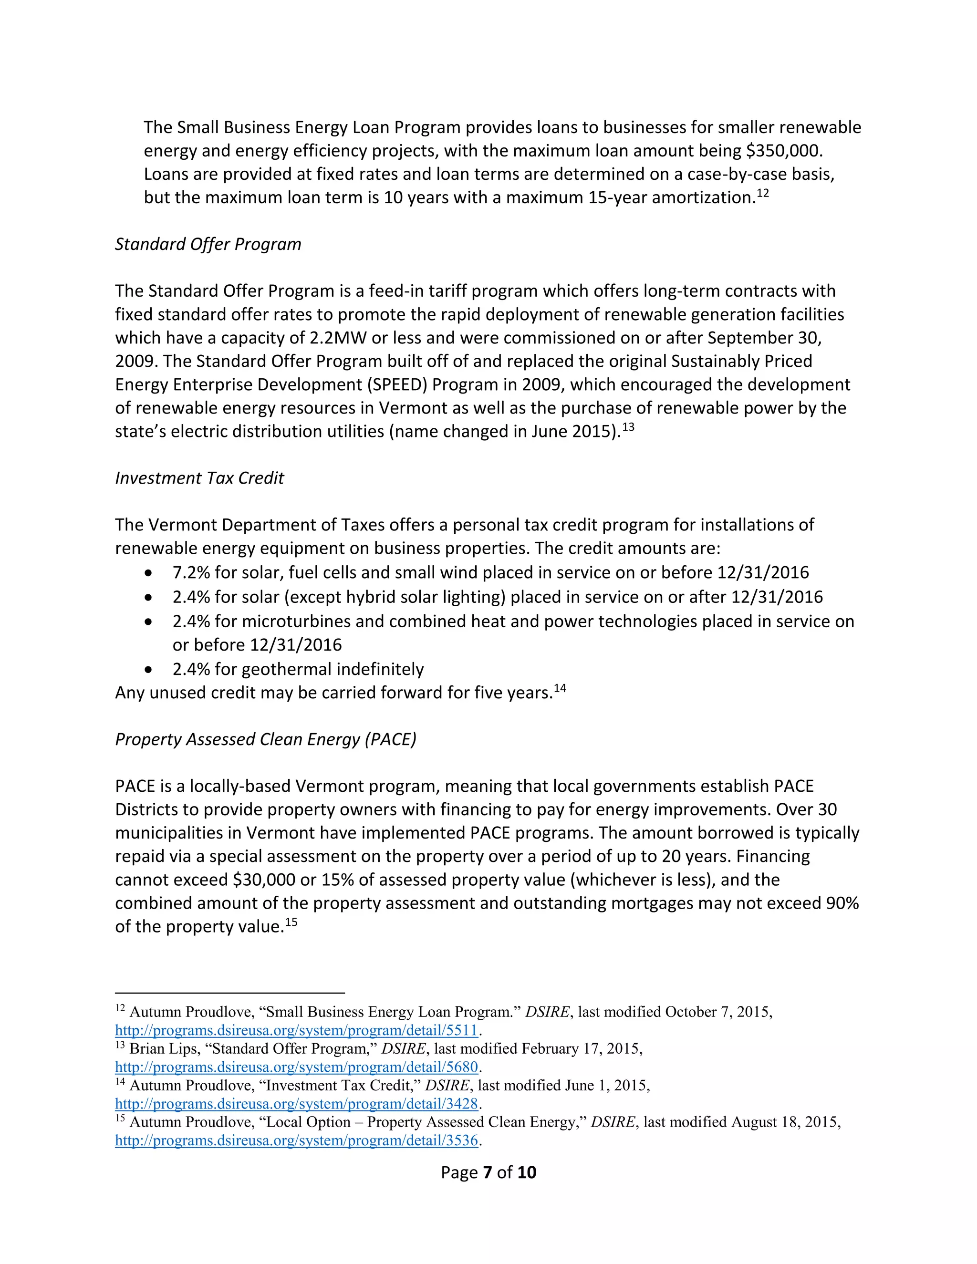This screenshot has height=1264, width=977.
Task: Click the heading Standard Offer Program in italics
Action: [208, 244]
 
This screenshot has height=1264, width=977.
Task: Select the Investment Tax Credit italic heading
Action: [199, 478]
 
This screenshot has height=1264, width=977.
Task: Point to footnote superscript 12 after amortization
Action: [763, 193]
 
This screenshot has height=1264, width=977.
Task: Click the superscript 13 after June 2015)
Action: [628, 427]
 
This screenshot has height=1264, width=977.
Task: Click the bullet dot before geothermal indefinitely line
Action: [149, 670]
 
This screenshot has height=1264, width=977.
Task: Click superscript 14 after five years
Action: [560, 689]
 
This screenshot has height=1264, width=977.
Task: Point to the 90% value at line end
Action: [842, 903]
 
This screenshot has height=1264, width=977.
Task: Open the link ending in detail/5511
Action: [296, 1031]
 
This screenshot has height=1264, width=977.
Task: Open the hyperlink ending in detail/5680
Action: [296, 1067]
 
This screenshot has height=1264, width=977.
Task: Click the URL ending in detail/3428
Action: [296, 1104]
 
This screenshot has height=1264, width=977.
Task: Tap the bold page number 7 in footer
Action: [488, 1172]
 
